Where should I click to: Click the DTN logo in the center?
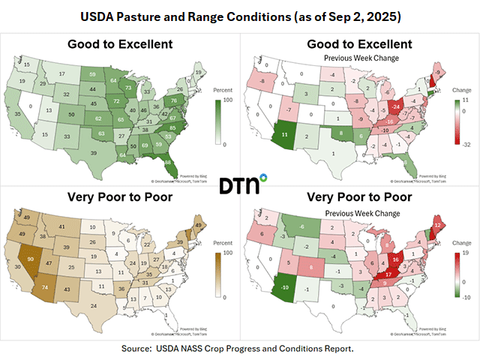pyautogui.click(x=240, y=184)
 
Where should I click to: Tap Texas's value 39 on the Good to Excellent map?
pyautogui.click(x=93, y=152)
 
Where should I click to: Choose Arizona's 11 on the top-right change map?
pyautogui.click(x=285, y=135)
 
